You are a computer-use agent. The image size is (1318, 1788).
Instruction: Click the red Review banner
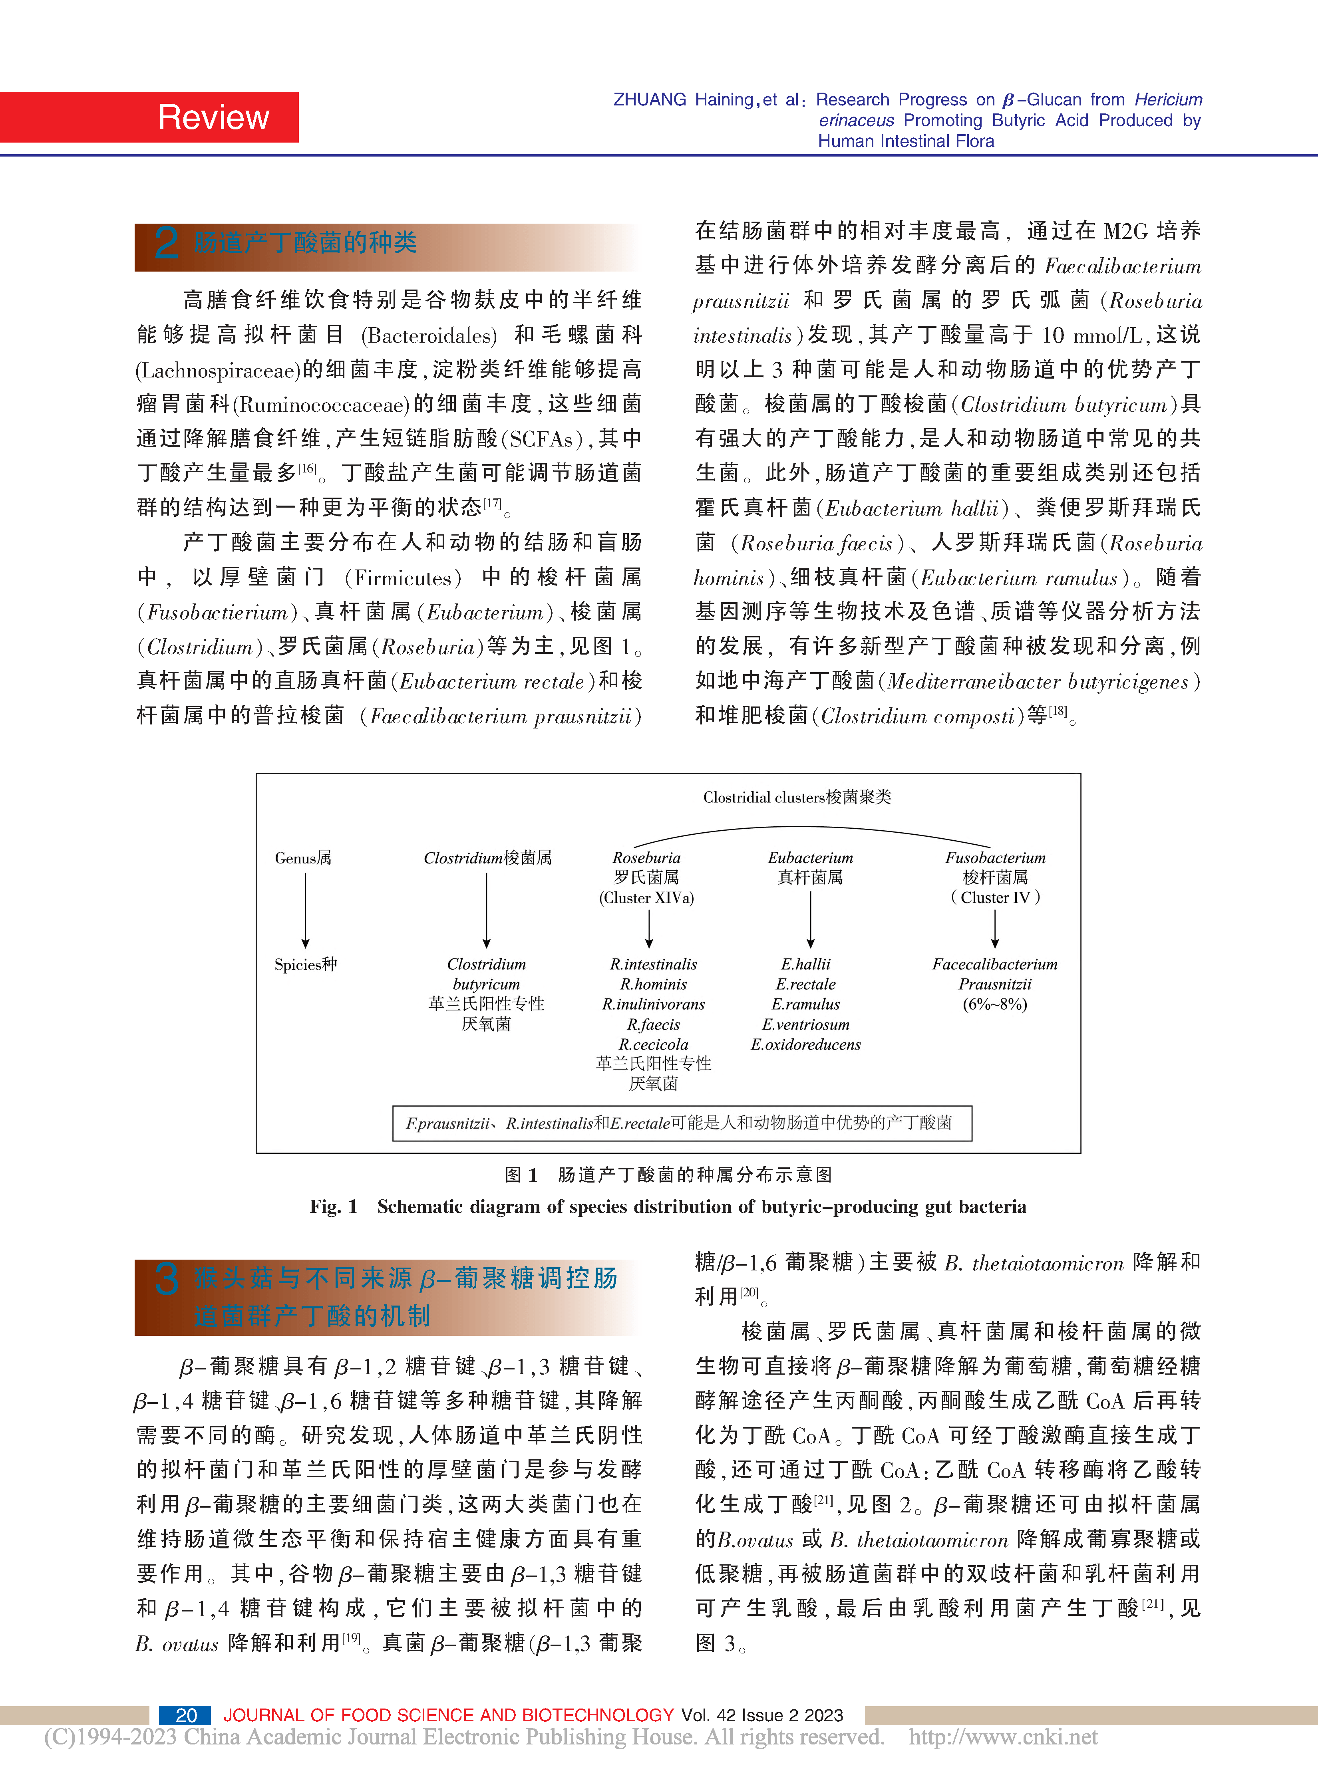149,117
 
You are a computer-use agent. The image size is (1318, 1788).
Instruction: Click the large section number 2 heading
166,242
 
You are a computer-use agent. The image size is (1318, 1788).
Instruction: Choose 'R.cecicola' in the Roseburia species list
654,1044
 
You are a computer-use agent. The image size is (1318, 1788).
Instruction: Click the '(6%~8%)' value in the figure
995,1004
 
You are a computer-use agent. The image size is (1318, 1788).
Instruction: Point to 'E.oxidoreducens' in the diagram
806,1044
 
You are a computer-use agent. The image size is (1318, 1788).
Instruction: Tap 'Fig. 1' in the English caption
334,1207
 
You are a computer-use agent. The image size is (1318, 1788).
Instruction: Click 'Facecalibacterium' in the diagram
995,964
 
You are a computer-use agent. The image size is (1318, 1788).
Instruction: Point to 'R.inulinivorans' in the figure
654,1004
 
